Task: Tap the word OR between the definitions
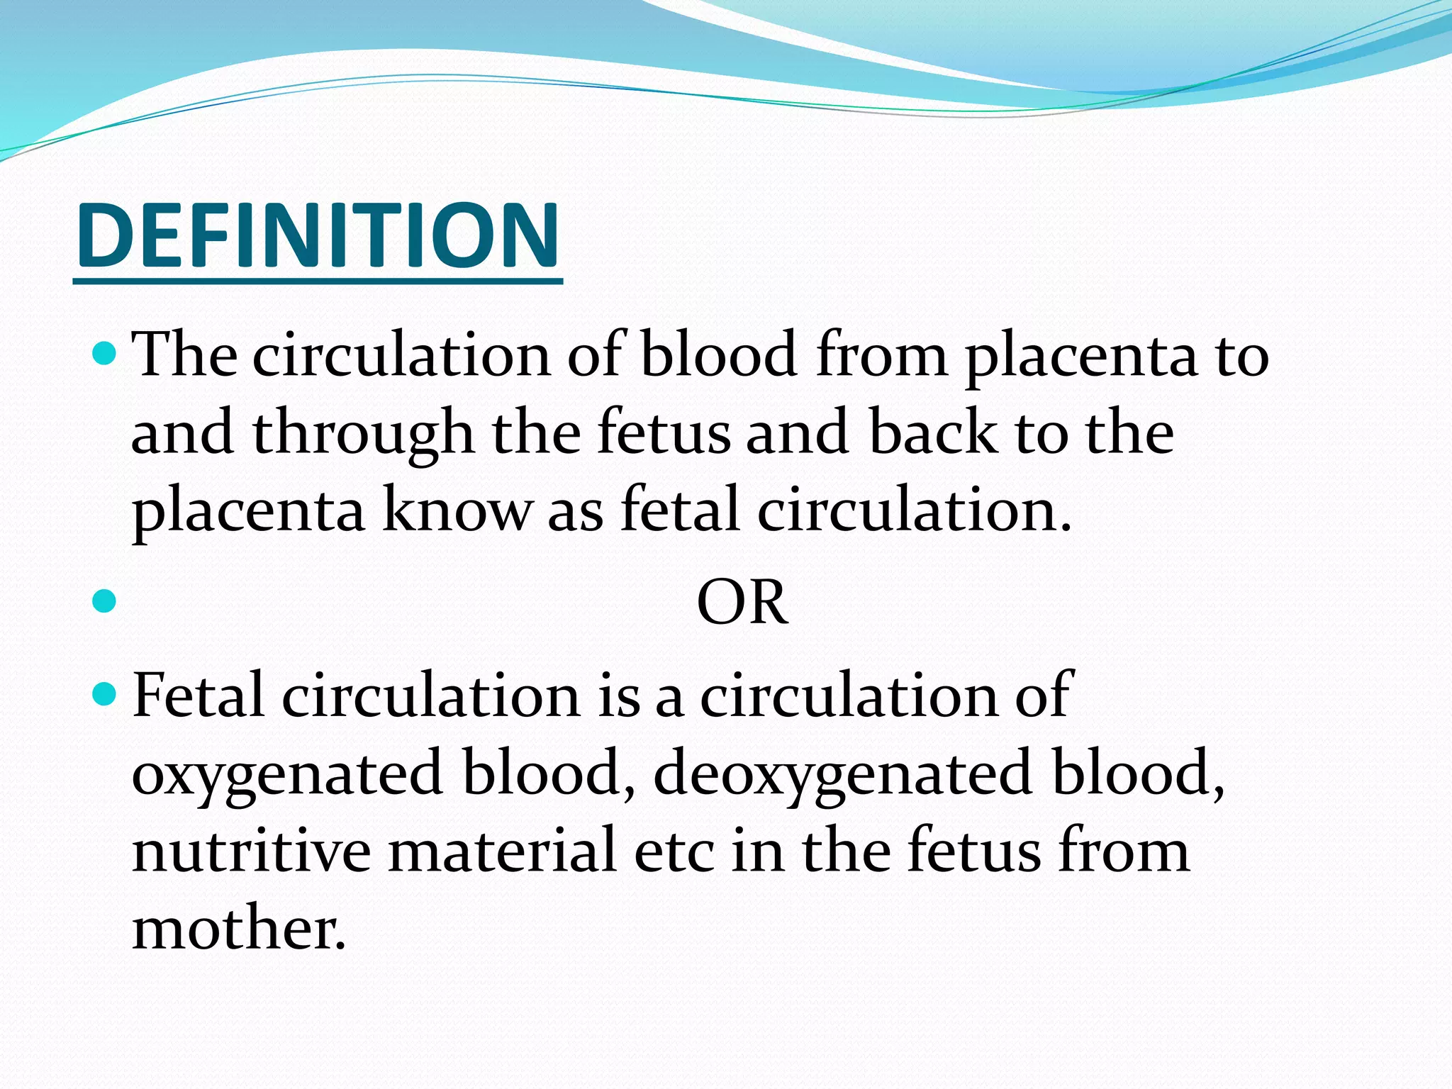tap(742, 603)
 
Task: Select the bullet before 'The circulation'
tap(104, 352)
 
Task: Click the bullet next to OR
tap(104, 602)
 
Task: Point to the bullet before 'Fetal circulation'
tap(104, 694)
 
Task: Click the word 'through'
tap(363, 434)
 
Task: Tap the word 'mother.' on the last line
tap(239, 928)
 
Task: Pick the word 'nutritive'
tap(251, 851)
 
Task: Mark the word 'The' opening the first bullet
tap(184, 354)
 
